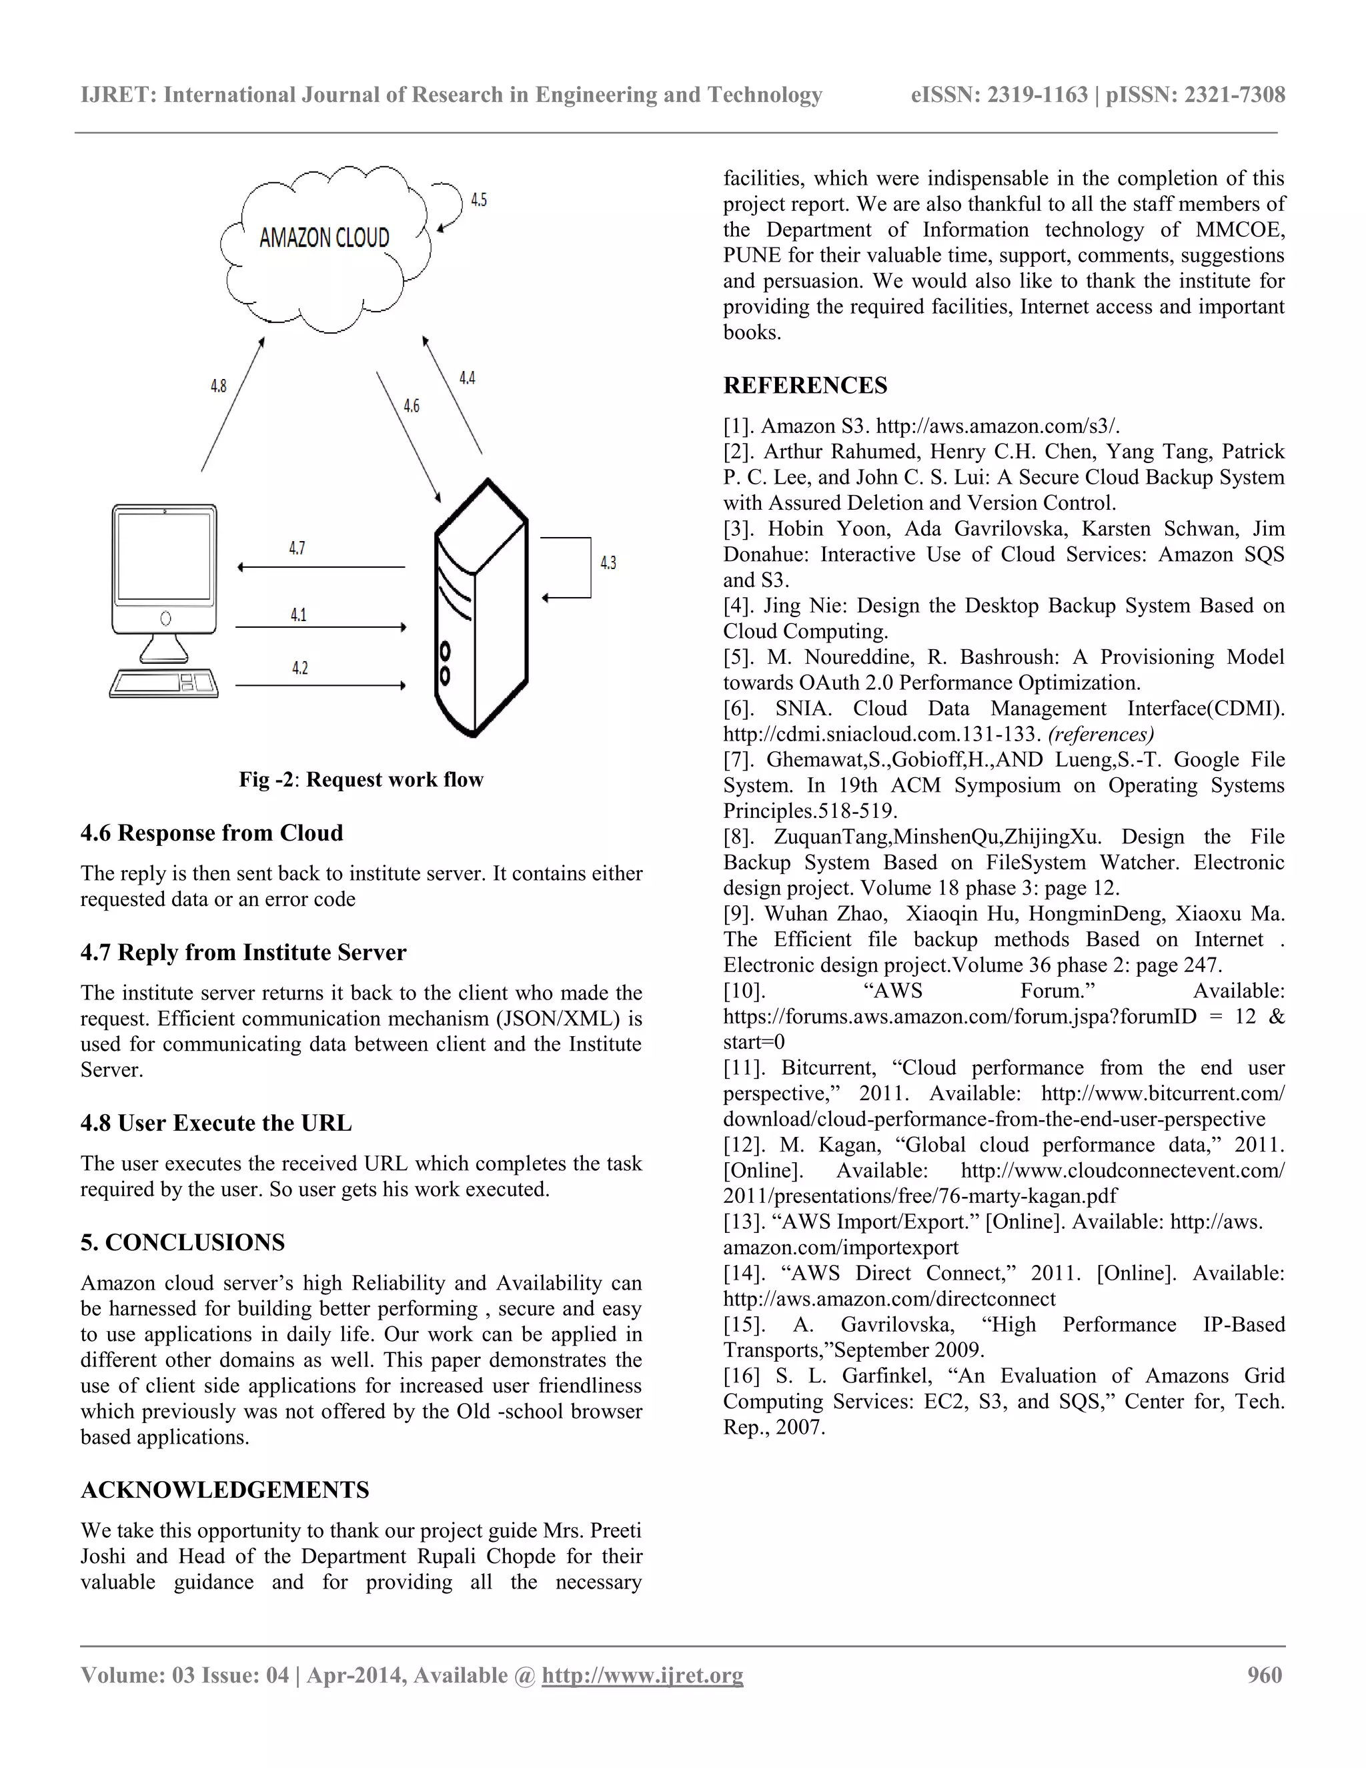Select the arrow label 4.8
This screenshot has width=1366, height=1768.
tap(219, 386)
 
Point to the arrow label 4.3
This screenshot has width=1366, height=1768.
tap(608, 562)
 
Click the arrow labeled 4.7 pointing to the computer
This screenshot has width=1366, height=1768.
tap(321, 568)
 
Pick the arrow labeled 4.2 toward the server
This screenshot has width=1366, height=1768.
tap(321, 687)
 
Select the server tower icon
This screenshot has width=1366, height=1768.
tap(481, 607)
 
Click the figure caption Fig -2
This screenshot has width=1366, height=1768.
tap(361, 779)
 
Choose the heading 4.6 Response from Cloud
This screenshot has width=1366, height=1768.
tap(212, 833)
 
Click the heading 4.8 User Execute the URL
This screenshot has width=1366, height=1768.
tap(216, 1123)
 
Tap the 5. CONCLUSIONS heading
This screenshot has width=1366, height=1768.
tap(183, 1243)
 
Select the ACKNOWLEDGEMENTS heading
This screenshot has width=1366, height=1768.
tap(225, 1490)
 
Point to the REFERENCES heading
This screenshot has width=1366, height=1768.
tap(805, 386)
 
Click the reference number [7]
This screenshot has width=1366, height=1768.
tap(738, 760)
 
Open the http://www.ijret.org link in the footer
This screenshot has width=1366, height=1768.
tap(642, 1676)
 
